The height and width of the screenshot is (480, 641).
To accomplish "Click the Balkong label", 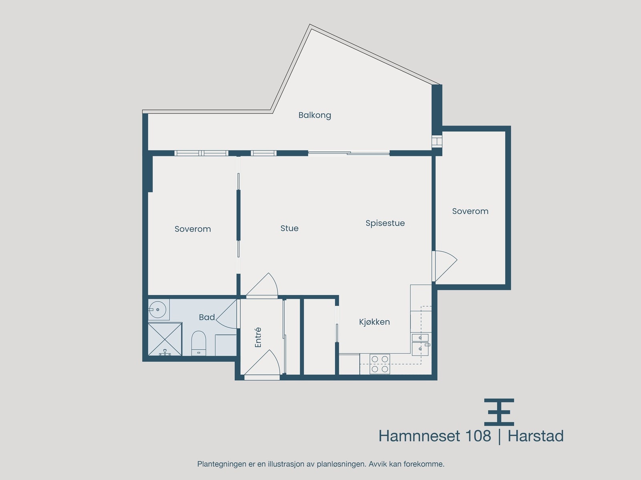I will [x=314, y=115].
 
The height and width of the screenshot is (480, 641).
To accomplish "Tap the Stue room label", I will [x=289, y=228].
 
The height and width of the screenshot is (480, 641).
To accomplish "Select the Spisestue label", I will [x=385, y=223].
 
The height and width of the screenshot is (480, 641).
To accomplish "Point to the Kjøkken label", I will [x=374, y=322].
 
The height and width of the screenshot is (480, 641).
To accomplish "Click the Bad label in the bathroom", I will [x=207, y=317].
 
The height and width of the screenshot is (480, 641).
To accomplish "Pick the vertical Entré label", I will [x=258, y=337].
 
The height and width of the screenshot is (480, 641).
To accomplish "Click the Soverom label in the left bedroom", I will [x=193, y=229].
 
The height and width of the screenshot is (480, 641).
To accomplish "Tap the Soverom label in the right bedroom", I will [x=470, y=211].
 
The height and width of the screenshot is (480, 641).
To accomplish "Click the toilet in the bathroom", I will [x=198, y=342].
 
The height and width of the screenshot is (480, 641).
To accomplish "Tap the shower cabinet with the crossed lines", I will [x=165, y=339].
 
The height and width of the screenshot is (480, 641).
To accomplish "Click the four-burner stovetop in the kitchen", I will [x=380, y=364].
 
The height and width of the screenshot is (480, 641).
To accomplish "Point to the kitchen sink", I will [x=420, y=343].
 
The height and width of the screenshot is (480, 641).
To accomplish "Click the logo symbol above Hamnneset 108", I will [x=499, y=412].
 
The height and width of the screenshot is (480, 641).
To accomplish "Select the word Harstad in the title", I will [x=536, y=436].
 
